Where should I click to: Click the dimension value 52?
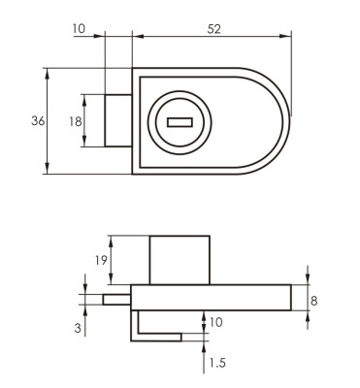point(213,29)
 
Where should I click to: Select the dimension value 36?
point(38,121)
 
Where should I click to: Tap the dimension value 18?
point(76,121)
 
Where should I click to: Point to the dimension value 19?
point(101,260)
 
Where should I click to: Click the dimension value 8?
point(313,301)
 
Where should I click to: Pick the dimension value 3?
point(78,328)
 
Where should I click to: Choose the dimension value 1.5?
point(217,363)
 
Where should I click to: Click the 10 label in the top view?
point(79,28)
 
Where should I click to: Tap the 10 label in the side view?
point(216,322)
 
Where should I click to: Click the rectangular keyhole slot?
point(180,122)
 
